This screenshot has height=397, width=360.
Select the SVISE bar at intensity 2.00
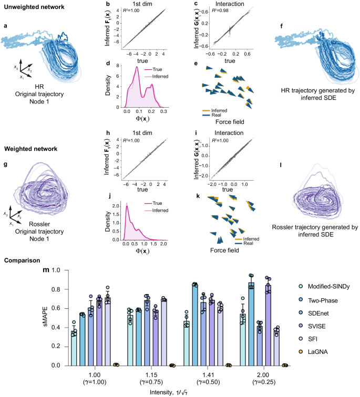pos(269,325)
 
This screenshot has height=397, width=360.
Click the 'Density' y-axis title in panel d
pos(108,84)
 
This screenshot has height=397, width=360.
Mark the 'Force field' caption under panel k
pos(224,250)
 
